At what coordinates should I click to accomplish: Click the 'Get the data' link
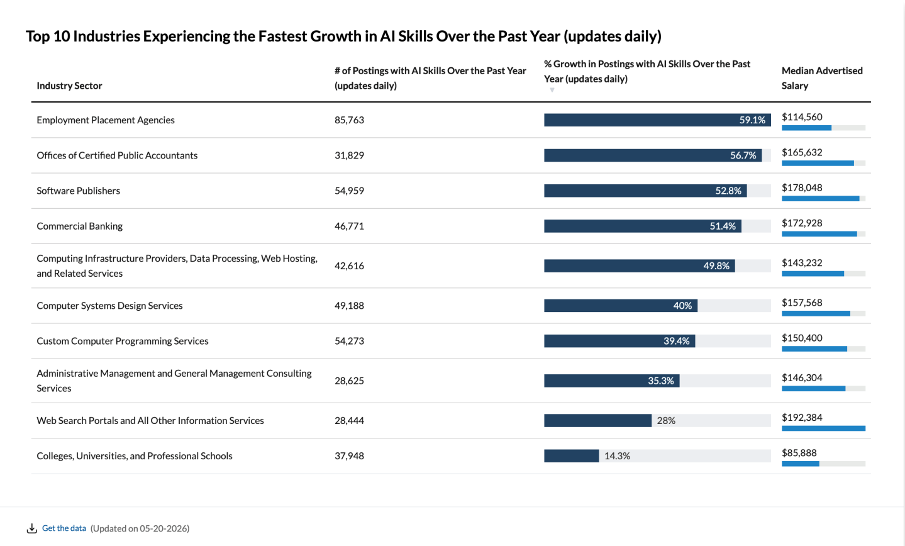[x=64, y=528]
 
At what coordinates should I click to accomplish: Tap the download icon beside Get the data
[x=32, y=528]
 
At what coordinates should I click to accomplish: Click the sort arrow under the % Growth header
[x=552, y=90]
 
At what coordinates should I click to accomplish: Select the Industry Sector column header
[x=69, y=86]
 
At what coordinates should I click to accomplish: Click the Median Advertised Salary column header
[x=822, y=78]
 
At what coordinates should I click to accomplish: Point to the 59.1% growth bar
[x=657, y=120]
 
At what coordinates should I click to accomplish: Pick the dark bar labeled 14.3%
[x=571, y=456]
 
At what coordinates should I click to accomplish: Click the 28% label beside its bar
[x=666, y=421]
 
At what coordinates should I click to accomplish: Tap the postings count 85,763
[x=349, y=120]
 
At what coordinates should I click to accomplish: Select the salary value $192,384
[x=802, y=418]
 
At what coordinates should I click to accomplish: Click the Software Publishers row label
[x=79, y=191]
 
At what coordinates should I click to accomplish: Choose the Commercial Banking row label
[x=80, y=226]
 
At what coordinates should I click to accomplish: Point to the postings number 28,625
[x=349, y=381]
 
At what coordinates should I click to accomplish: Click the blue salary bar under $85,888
[x=801, y=464]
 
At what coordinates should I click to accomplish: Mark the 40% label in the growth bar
[x=682, y=306]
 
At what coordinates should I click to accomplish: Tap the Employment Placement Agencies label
[x=106, y=120]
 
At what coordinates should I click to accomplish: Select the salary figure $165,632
[x=802, y=152]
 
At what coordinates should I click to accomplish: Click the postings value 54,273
[x=349, y=341]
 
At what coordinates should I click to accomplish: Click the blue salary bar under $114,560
[x=806, y=128]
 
